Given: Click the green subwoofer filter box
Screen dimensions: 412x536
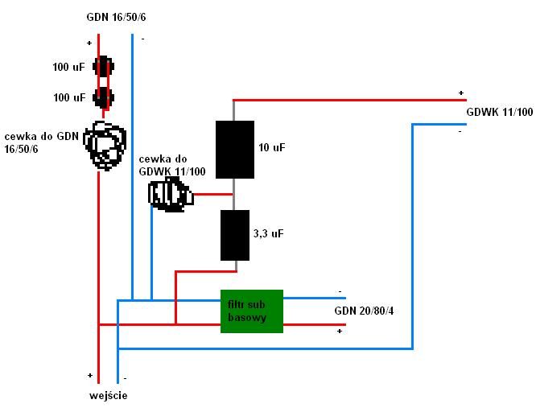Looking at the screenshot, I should pyautogui.click(x=252, y=311).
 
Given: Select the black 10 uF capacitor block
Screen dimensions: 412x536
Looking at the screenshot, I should pyautogui.click(x=235, y=150).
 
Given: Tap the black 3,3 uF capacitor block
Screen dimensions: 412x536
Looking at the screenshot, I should pyautogui.click(x=235, y=235).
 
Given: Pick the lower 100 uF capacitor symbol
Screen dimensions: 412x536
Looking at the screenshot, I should pyautogui.click(x=102, y=98).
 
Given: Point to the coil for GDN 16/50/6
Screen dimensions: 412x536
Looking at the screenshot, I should pyautogui.click(x=106, y=145).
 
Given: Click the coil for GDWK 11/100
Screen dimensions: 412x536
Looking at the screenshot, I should pyautogui.click(x=169, y=195).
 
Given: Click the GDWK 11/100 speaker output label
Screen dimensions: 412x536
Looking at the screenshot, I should pyautogui.click(x=499, y=112).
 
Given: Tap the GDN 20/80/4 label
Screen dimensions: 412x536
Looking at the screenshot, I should pyautogui.click(x=364, y=311).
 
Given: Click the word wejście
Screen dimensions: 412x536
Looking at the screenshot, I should pyautogui.click(x=108, y=395).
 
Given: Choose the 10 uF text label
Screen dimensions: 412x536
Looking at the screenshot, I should pyautogui.click(x=272, y=147).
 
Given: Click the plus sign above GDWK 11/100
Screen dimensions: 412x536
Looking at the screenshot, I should pyautogui.click(x=461, y=93).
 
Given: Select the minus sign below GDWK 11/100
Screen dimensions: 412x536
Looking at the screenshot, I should pyautogui.click(x=460, y=130).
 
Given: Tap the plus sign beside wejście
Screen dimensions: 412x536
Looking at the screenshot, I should pyautogui.click(x=89, y=375).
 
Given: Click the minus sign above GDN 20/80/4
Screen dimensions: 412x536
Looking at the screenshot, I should pyautogui.click(x=340, y=291).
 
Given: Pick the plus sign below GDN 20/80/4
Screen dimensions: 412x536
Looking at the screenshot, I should pyautogui.click(x=340, y=330).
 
